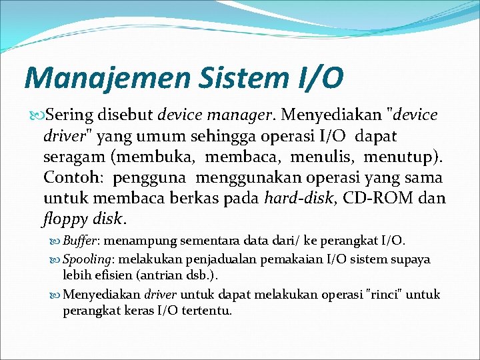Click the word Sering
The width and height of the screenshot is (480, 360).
click(74, 115)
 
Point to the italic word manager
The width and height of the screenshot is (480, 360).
click(247, 116)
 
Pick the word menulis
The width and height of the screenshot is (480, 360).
click(311, 157)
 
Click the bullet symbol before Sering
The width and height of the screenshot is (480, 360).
click(37, 116)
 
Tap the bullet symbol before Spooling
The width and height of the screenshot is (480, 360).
click(57, 259)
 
